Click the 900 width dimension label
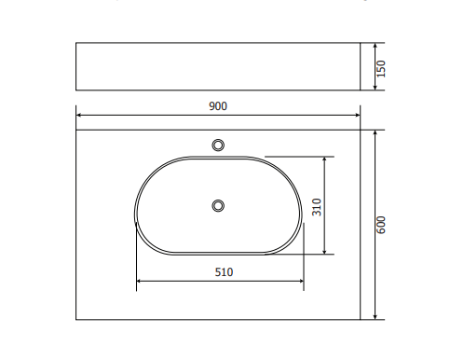[218, 106]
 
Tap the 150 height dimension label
[381, 69]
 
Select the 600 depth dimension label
[381, 225]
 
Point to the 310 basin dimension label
[317, 207]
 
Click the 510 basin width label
[224, 272]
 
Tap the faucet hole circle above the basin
[218, 145]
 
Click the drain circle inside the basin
[218, 206]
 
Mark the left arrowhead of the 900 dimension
[79, 115]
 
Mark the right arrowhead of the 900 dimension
[358, 115]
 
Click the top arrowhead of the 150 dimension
[375, 46]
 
